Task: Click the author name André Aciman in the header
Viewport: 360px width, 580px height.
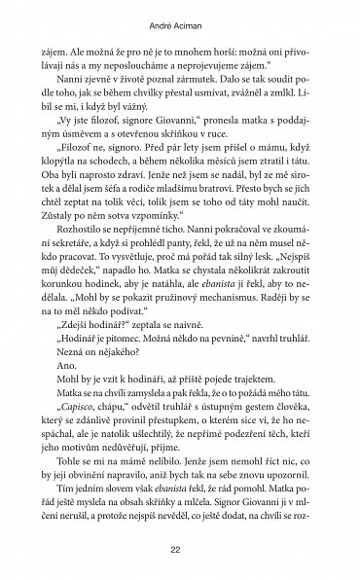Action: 180,20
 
